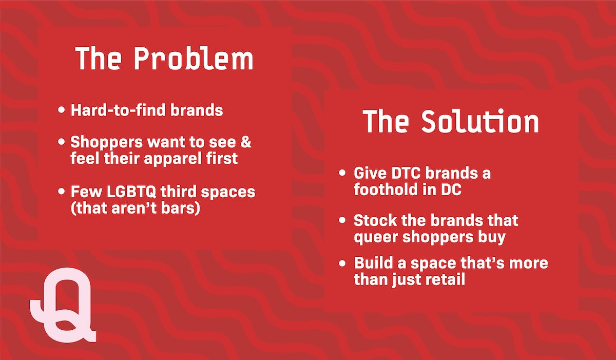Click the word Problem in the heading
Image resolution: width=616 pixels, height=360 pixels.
point(194,59)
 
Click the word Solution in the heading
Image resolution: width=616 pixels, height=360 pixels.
point(480,121)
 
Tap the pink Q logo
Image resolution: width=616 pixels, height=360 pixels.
point(63,305)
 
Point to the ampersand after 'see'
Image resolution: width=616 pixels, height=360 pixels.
point(245,142)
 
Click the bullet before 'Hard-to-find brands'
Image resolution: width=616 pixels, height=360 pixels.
point(62,110)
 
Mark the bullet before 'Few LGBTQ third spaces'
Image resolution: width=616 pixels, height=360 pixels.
point(62,192)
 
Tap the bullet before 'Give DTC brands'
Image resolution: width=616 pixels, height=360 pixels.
point(342,173)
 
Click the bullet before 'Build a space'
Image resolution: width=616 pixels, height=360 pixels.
point(342,263)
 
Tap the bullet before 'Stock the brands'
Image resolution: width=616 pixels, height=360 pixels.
point(342,220)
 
